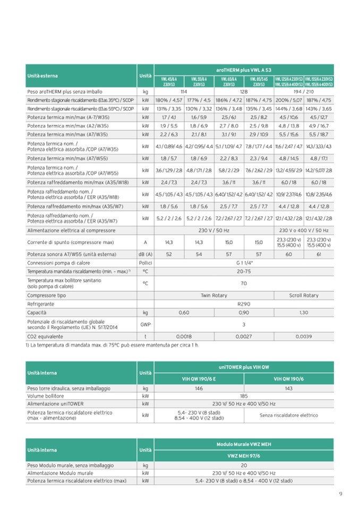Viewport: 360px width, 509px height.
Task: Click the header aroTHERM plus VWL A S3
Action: pos(244,70)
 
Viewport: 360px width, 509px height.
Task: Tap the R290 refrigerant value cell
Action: pos(244,304)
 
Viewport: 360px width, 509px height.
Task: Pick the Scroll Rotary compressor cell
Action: pos(304,295)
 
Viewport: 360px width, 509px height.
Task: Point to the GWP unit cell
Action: pos(144,324)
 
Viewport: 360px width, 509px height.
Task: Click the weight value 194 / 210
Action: pos(304,91)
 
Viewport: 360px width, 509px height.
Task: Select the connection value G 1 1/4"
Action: pos(244,263)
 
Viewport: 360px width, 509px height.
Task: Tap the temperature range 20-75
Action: pos(244,271)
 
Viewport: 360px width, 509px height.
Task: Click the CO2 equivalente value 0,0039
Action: pos(304,336)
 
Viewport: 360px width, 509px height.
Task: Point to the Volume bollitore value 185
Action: pos(244,396)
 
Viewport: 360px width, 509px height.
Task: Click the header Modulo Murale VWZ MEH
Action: pos(244,443)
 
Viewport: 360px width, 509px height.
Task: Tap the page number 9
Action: pos(340,494)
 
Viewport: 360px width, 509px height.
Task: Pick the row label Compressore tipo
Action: pos(47,295)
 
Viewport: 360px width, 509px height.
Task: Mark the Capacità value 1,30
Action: pos(304,312)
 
